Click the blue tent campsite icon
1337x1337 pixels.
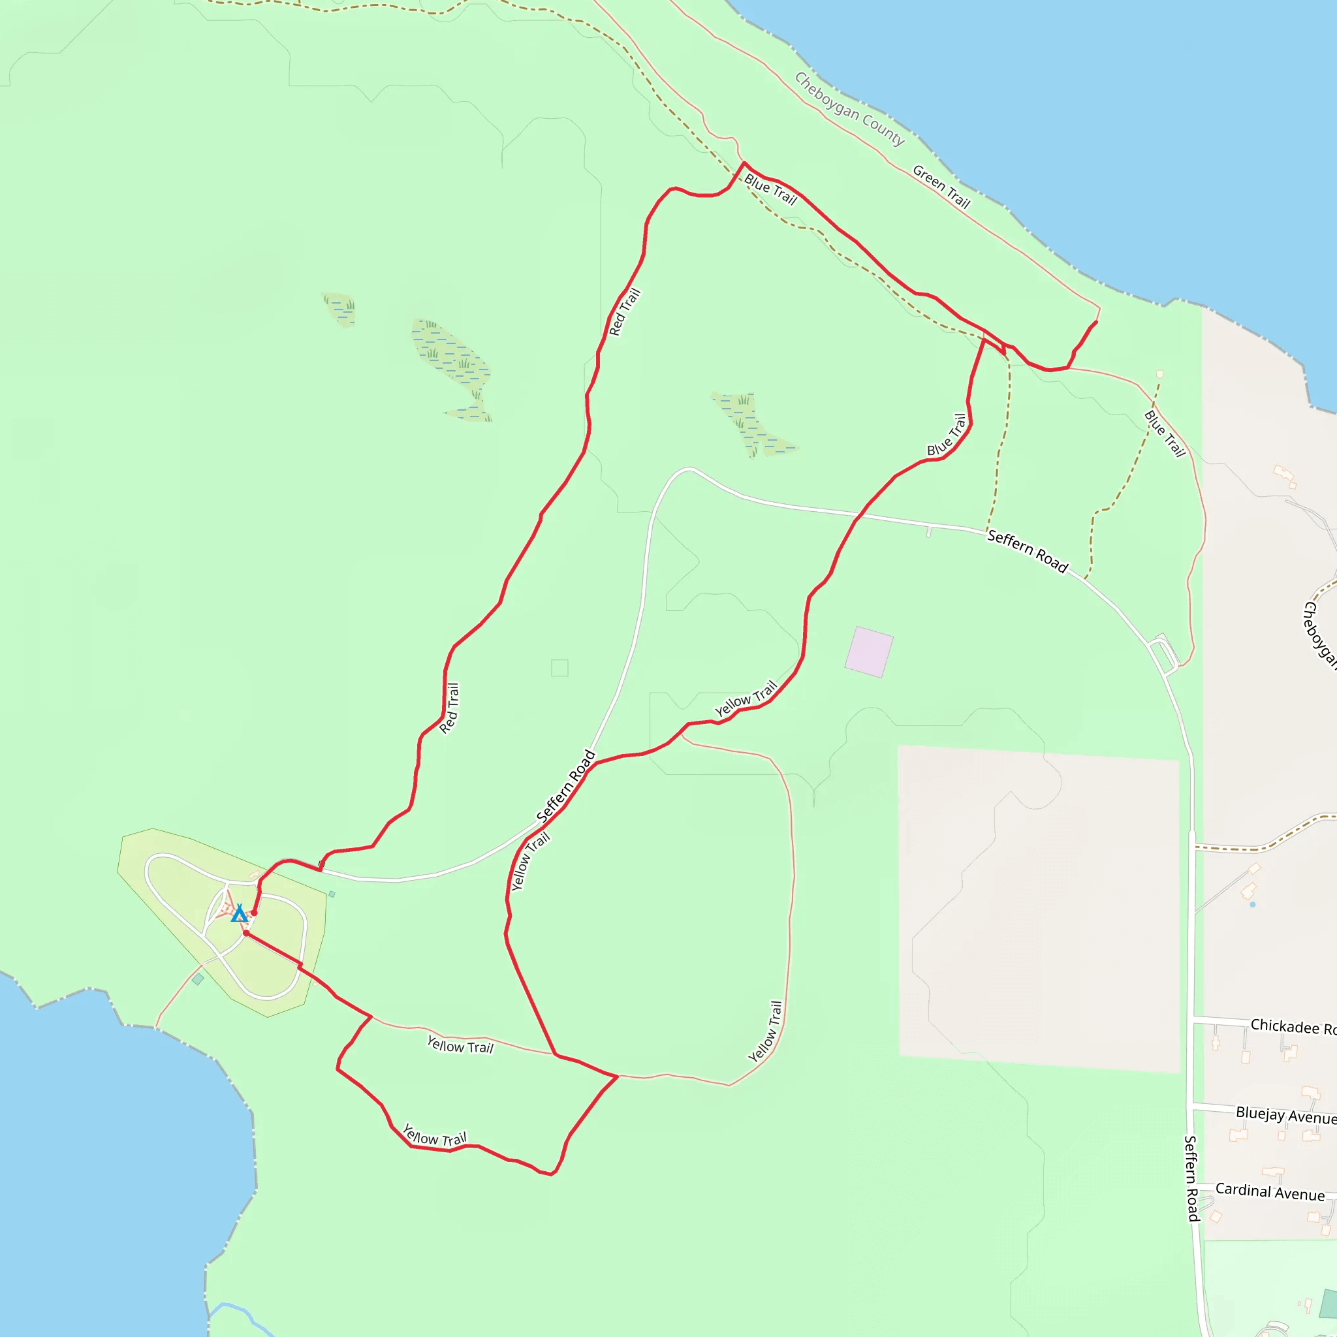coord(239,913)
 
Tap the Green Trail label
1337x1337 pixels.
coord(941,187)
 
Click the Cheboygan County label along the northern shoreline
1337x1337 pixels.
coord(849,109)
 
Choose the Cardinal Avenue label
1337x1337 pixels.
coord(1270,1191)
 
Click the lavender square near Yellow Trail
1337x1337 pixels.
coord(868,652)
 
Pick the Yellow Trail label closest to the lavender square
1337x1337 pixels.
coord(746,699)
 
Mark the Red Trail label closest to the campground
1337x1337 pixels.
coord(449,708)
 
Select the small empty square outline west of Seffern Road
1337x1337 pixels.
coord(560,668)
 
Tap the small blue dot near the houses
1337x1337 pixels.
coord(1253,904)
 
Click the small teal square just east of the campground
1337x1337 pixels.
coord(332,894)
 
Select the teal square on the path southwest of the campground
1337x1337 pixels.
coord(198,979)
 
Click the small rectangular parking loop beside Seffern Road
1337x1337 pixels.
coord(1163,653)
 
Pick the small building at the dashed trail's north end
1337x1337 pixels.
coord(1160,373)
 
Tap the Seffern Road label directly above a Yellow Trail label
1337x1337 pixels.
coord(566,787)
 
